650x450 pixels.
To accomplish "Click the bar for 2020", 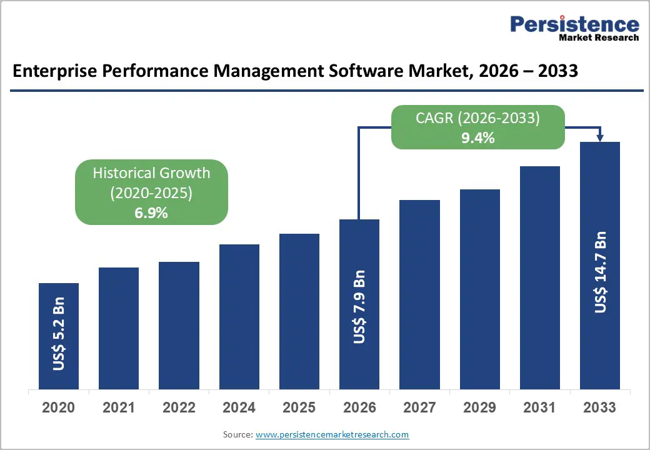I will point(59,336).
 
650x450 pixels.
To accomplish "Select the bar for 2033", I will point(599,265).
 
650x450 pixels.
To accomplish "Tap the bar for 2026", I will point(359,304).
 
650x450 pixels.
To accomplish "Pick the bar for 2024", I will point(239,316).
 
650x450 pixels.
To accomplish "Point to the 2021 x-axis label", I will point(119,407).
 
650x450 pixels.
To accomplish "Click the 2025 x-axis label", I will point(299,407).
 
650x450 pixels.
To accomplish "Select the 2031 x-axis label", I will point(539,407).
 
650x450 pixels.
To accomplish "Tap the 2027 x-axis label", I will point(419,407).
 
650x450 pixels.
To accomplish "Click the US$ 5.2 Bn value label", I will point(59,338).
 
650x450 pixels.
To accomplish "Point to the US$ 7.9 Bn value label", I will point(359,307).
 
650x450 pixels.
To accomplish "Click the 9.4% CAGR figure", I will point(477,138).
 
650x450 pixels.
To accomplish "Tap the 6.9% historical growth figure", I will point(151,212).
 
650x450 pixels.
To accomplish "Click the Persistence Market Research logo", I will point(574,28).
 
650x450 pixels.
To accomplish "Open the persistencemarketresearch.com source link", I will point(332,434).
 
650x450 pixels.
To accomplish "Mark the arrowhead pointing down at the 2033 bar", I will point(600,137).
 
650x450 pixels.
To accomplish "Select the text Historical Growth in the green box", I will point(151,173).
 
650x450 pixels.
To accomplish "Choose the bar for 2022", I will point(179,325).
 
